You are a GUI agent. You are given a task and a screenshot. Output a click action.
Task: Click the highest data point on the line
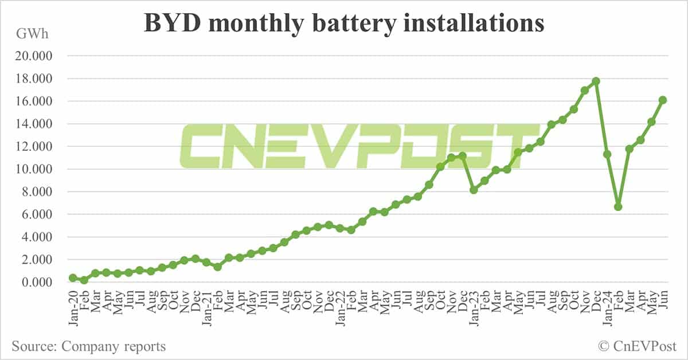(596, 81)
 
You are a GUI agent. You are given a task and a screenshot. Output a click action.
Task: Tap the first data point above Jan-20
(73, 277)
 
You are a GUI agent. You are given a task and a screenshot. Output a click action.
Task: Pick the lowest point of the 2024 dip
(618, 206)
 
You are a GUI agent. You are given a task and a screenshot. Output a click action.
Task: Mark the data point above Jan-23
(474, 190)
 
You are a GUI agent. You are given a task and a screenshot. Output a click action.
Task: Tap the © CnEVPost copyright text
(637, 346)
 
